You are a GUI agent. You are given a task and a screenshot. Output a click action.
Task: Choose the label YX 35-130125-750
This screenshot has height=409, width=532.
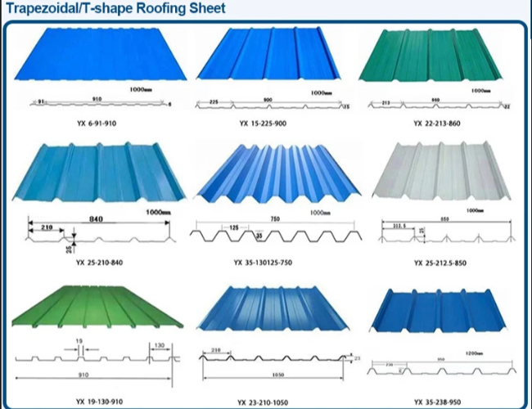coord(264,263)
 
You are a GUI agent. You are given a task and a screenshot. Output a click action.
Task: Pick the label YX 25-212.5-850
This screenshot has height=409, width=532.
coord(442,263)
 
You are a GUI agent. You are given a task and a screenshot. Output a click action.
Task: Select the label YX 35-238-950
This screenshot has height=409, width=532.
coord(442,401)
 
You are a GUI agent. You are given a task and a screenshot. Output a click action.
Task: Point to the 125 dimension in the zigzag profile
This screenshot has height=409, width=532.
coord(233,226)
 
